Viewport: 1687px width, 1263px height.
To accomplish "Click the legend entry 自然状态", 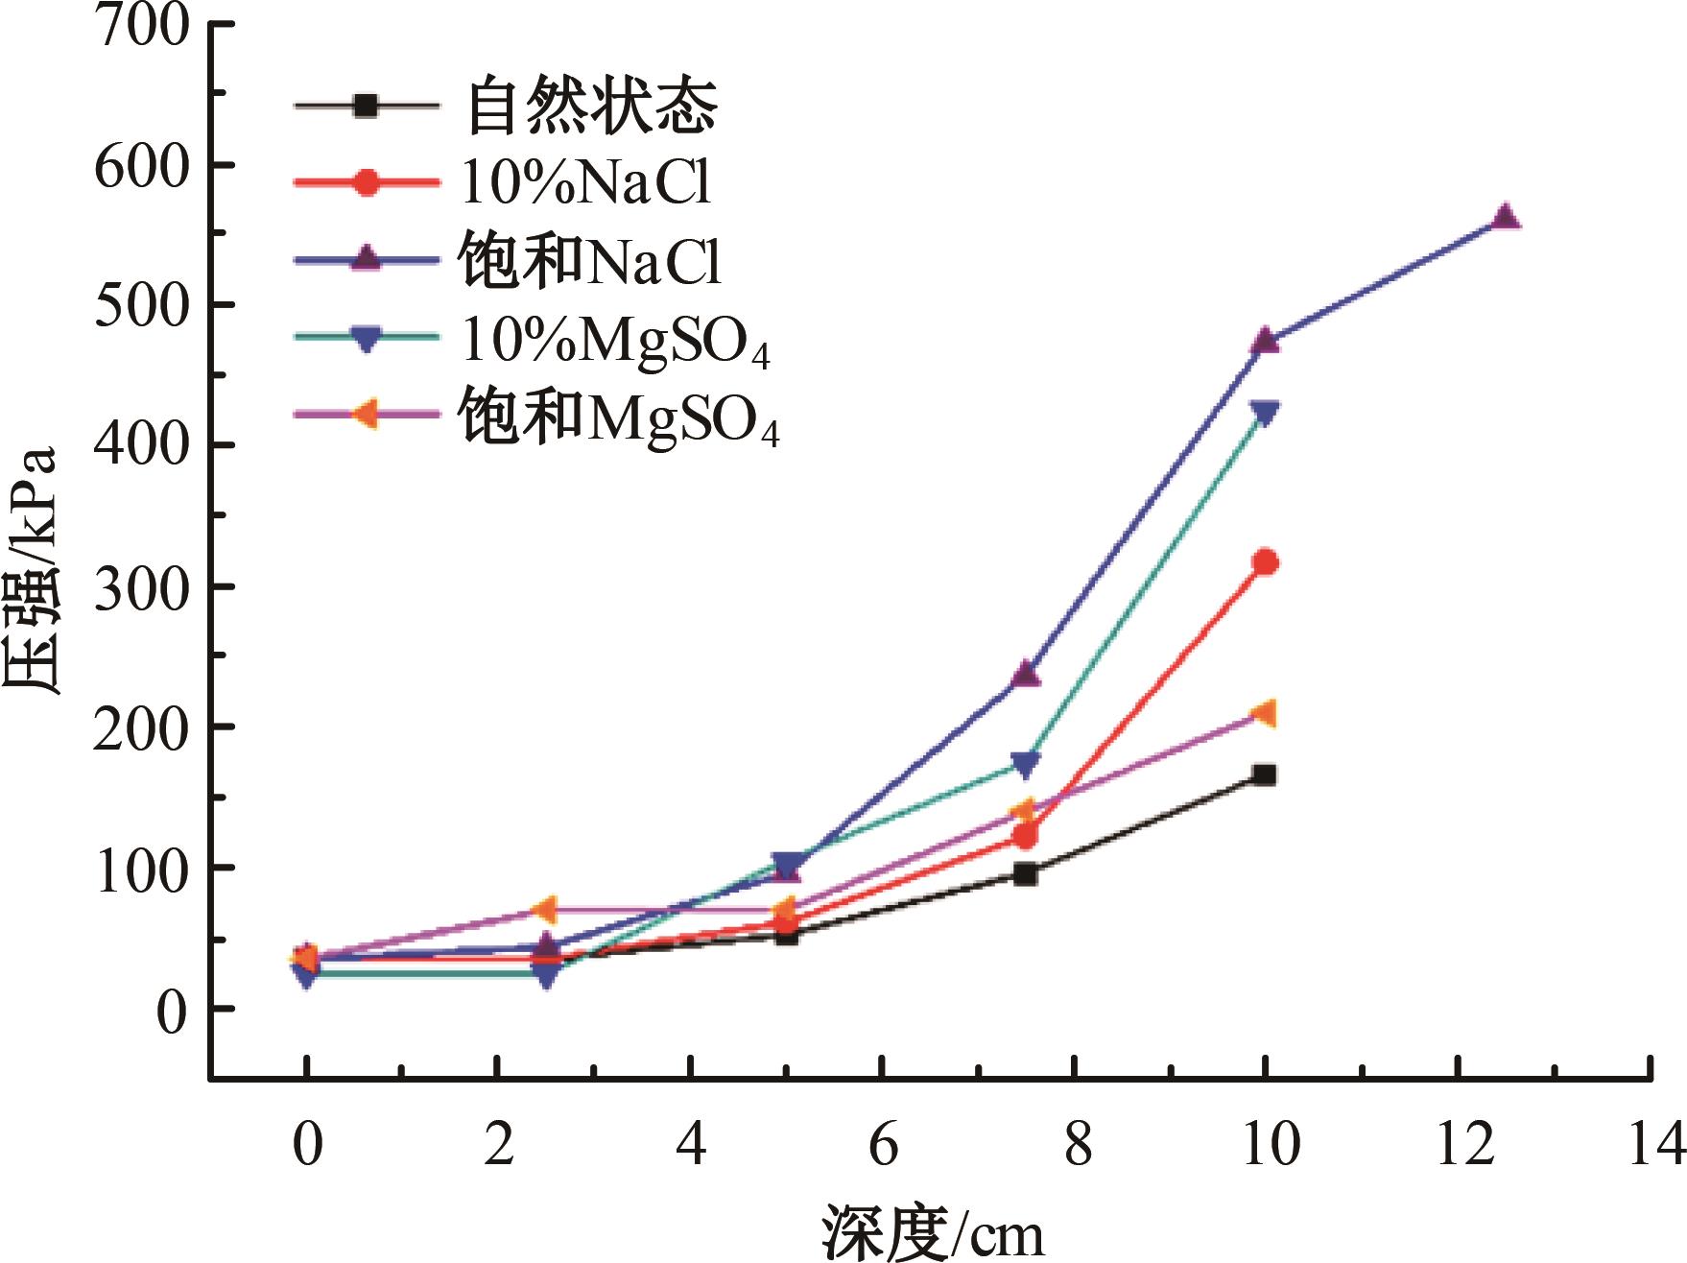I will point(591,106).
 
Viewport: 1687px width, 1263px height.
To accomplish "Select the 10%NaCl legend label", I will point(586,181).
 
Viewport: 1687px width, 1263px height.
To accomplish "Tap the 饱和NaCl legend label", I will point(589,260).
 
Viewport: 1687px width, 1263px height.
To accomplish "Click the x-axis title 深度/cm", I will point(932,1232).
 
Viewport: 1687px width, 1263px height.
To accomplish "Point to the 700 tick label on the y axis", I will point(142,26).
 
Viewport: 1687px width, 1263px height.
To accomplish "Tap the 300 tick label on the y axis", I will point(142,586).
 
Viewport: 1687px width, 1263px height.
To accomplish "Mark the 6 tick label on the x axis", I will point(883,1144).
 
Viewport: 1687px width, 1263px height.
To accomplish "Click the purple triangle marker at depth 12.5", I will point(1505,217).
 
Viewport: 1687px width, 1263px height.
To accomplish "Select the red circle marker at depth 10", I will point(1265,562).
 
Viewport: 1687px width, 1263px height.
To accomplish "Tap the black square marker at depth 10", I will point(1265,774).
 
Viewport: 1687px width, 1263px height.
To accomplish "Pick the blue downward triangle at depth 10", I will point(1265,414).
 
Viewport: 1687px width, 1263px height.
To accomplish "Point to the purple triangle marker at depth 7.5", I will point(1025,674).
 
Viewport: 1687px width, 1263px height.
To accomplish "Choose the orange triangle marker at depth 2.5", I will point(544,909).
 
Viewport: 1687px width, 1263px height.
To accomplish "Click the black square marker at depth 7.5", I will point(1025,873).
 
